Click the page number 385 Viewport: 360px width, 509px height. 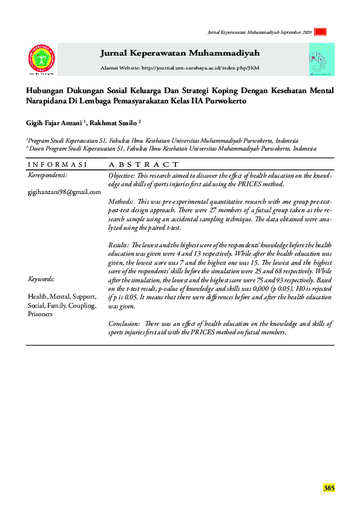(x=329, y=488)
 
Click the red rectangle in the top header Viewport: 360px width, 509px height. (x=321, y=32)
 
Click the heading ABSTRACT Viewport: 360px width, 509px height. (x=143, y=164)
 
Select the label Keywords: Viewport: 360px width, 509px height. (x=41, y=279)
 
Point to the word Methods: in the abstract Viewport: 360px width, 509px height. (x=122, y=200)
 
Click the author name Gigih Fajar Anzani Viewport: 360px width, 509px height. (x=54, y=122)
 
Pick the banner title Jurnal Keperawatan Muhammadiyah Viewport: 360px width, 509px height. (x=180, y=53)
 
